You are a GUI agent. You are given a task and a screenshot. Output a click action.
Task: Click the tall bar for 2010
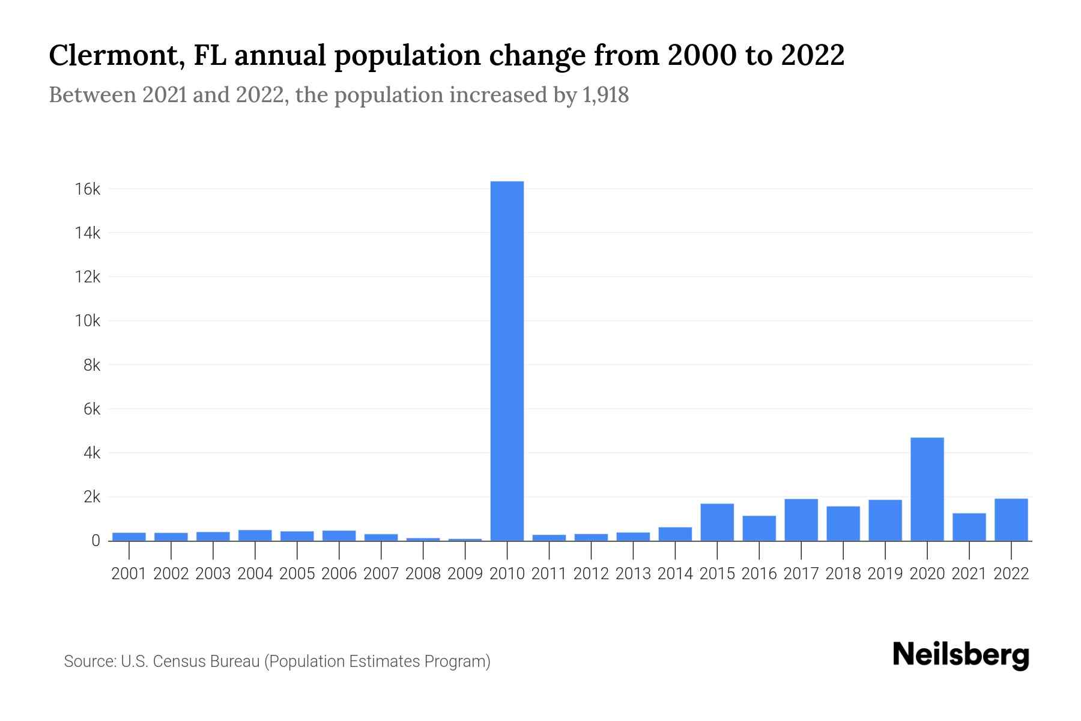click(x=507, y=360)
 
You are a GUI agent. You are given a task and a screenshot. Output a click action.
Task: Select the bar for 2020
click(x=927, y=489)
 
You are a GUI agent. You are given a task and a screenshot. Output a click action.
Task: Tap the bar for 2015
click(x=717, y=522)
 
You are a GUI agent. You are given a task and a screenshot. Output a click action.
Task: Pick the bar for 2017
click(x=801, y=520)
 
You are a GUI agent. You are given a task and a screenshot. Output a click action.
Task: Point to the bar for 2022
click(x=1011, y=520)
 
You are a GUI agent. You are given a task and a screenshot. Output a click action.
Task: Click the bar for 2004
click(x=255, y=535)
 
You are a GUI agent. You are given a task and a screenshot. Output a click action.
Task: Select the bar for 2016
click(x=759, y=528)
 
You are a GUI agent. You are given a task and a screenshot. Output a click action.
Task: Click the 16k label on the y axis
click(x=88, y=189)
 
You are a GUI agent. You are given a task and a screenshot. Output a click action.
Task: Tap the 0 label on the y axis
click(x=96, y=541)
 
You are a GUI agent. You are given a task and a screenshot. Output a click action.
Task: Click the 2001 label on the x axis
click(x=129, y=574)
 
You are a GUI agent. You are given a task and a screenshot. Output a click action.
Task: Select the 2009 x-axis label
click(x=465, y=574)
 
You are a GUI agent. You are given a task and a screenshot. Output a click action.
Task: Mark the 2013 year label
click(x=633, y=574)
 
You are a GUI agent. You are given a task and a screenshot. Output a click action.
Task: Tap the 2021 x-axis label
click(x=969, y=574)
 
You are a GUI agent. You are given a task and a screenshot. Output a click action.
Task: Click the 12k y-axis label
click(x=88, y=277)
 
